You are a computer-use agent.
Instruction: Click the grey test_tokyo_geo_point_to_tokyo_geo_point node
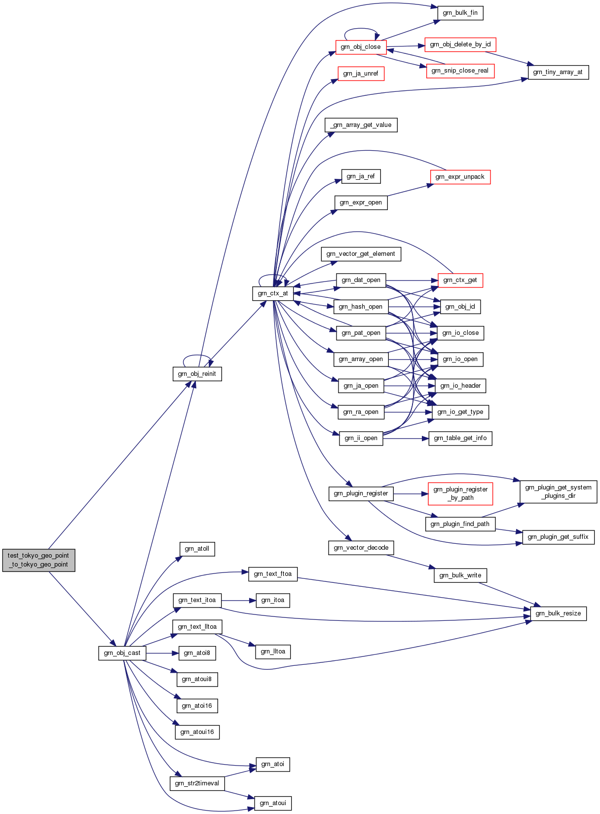coord(38,560)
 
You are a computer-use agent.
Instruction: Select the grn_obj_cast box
coord(122,653)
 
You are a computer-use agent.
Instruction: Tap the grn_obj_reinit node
coord(197,374)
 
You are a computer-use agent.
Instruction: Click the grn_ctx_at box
coord(273,293)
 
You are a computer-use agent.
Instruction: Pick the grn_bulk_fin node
coord(460,13)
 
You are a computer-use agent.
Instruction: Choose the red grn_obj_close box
coord(361,47)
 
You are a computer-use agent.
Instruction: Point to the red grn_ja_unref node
coord(361,74)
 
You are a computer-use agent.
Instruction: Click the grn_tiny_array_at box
coord(558,72)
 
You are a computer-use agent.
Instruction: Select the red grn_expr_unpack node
coord(460,177)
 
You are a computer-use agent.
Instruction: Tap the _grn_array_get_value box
coord(361,125)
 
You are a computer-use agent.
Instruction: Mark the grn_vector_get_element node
coord(361,254)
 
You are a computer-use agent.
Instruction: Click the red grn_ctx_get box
coord(460,281)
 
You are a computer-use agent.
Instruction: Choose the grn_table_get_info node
coord(460,438)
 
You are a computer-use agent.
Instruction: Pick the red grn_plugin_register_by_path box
coord(460,493)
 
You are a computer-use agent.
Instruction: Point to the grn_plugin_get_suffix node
coord(558,537)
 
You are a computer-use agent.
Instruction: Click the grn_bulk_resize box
coord(558,613)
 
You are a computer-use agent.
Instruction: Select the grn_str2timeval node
coord(197,783)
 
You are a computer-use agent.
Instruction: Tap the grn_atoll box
coord(197,549)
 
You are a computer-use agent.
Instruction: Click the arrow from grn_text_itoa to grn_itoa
coord(238,601)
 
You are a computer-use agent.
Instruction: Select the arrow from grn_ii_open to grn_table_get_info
coord(406,438)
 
